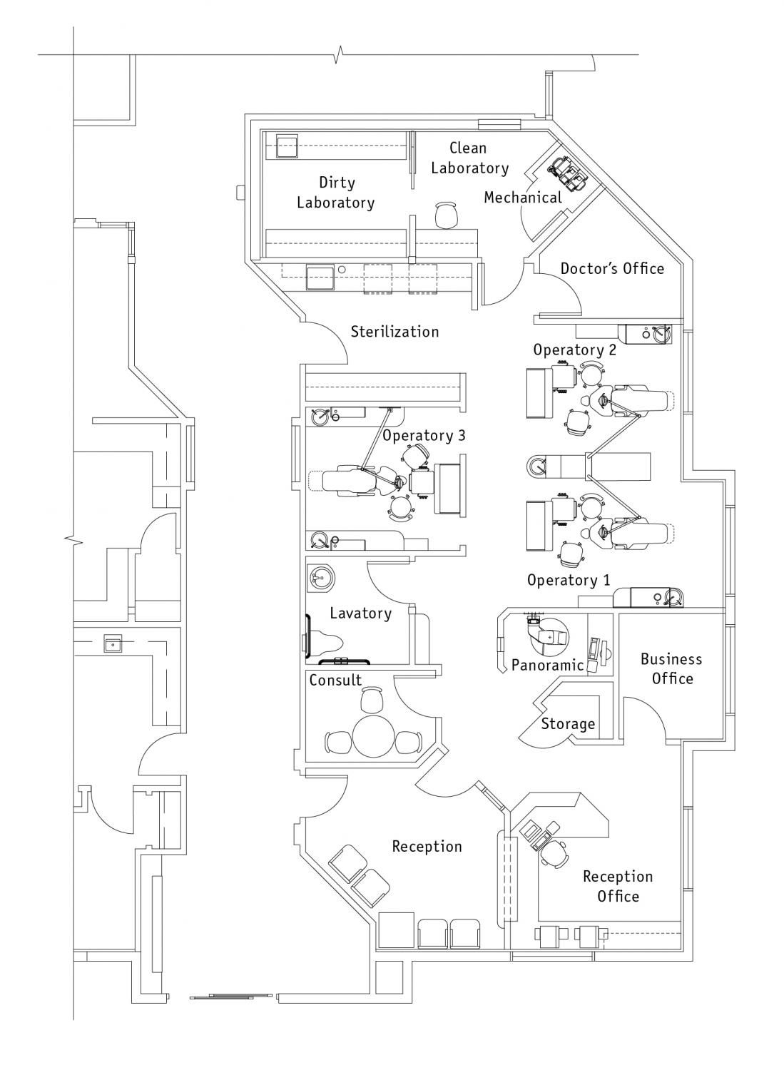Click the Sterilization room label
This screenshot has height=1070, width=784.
pos(394,332)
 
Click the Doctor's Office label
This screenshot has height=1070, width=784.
pos(612,268)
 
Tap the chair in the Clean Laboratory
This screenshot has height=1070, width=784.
pos(447,215)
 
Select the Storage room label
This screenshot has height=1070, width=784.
pos(568,724)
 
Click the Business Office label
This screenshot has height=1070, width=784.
pos(671,669)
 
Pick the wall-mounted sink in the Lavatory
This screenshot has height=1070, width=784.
pos(320,579)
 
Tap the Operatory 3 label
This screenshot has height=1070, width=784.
pos(424,435)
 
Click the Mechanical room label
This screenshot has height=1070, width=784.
pos(523,198)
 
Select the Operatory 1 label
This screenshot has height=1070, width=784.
pos(569,580)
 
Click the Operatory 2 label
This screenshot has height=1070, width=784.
pos(575,350)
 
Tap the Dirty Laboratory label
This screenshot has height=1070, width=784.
pos(335,193)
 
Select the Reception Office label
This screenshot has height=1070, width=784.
pos(618,886)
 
